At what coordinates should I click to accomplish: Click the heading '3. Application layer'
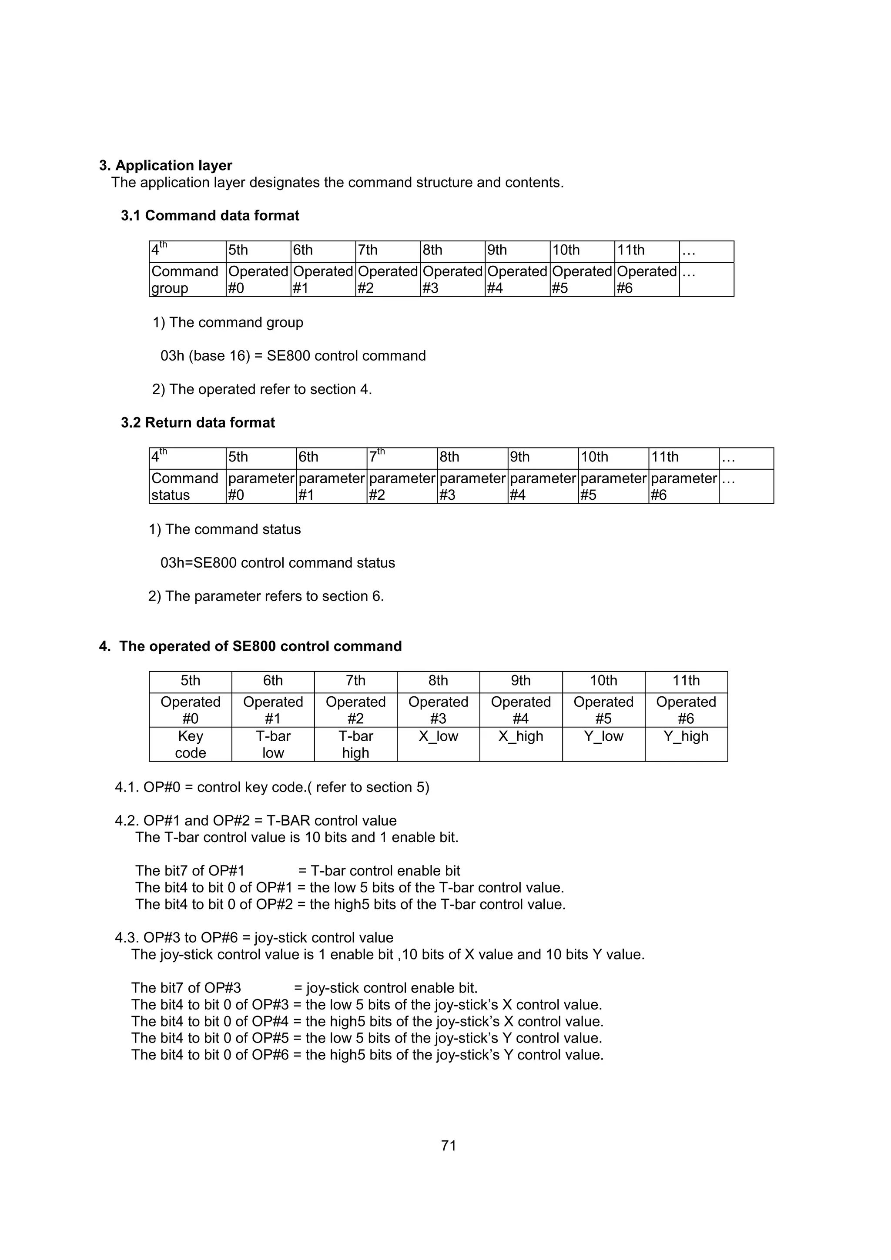165,165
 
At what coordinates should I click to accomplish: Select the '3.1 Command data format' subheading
210,215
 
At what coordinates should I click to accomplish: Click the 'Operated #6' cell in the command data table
646,279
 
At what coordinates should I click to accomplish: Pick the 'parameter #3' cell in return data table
472,486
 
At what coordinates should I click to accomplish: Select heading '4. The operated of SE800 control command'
250,646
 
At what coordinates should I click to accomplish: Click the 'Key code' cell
190,744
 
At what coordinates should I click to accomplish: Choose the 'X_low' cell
438,736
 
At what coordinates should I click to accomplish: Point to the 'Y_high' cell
686,736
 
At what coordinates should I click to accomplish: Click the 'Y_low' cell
603,736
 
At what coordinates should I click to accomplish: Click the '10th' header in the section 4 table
603,681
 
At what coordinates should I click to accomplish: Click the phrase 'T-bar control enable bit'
385,871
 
